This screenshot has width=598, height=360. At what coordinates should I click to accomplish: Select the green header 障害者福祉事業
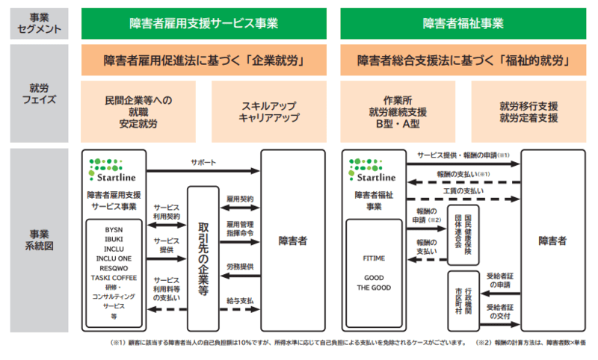click(462, 23)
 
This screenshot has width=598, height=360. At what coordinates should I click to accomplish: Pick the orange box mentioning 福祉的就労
click(462, 60)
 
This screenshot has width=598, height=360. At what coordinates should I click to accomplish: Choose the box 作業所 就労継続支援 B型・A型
click(398, 111)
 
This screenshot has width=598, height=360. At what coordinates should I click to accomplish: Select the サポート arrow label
click(203, 162)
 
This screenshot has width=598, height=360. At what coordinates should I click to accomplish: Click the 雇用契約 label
click(240, 199)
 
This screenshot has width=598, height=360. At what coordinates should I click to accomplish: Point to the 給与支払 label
click(240, 301)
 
